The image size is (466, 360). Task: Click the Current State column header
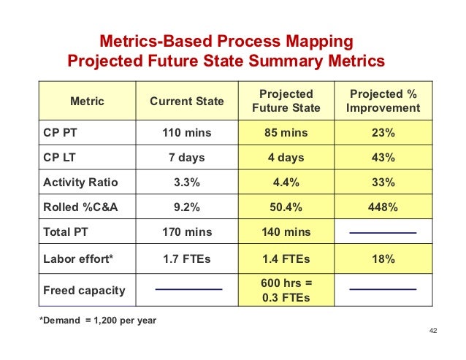point(187,102)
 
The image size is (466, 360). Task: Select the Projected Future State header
point(286,102)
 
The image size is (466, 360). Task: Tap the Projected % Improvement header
point(383,102)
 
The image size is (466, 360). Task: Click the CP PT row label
point(59,134)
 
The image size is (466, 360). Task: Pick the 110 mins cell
point(187,134)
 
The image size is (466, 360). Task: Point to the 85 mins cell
point(286,134)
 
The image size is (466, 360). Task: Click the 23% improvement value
point(383,134)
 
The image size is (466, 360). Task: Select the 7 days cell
point(187,158)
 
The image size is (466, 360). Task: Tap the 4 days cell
point(286,158)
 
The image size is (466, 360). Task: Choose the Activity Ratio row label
point(80,183)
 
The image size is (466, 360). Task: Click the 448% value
point(383,207)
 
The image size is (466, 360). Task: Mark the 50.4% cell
point(286,207)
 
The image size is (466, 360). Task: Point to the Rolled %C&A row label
point(80,207)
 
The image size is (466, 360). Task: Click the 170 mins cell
point(187,232)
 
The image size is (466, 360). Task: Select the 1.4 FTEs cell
point(286,258)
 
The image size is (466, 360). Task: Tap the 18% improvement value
point(383,258)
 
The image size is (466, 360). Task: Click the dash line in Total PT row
point(383,232)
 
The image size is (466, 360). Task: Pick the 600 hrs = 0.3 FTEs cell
point(286,290)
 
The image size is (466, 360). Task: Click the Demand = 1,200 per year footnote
point(97,321)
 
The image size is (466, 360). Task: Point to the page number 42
point(432,331)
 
